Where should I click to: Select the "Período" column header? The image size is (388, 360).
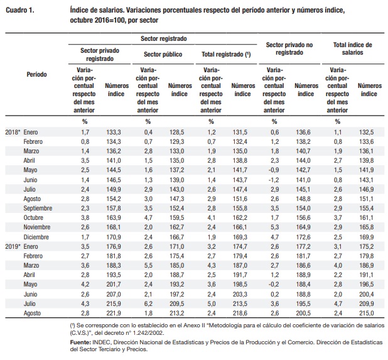[x=36, y=74]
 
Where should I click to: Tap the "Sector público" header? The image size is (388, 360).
[x=163, y=55]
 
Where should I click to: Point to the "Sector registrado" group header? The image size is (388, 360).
[x=163, y=39]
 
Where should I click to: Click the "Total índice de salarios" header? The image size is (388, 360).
[x=352, y=50]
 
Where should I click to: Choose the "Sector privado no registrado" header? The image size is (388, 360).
[x=289, y=50]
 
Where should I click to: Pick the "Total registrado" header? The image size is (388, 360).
[x=226, y=55]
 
